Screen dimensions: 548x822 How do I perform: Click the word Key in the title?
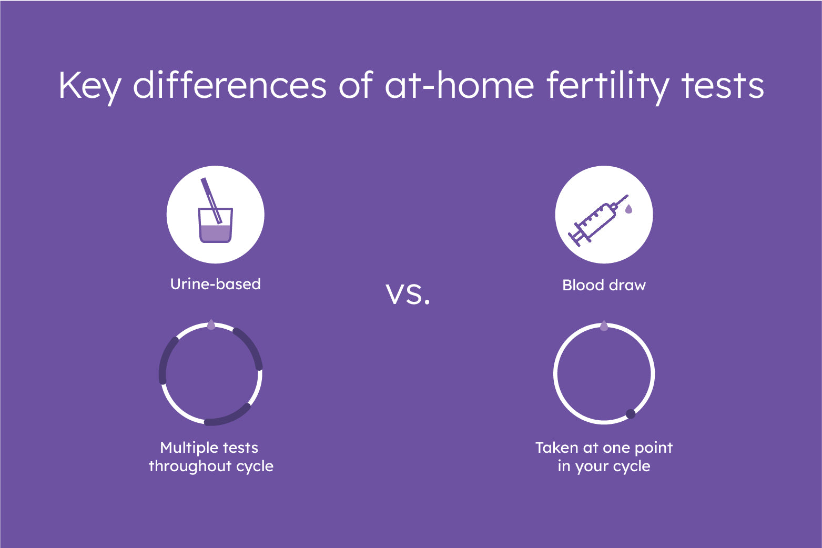point(90,86)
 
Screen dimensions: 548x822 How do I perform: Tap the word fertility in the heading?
point(608,86)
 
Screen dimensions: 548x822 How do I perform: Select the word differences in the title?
point(229,85)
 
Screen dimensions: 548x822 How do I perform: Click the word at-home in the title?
point(460,85)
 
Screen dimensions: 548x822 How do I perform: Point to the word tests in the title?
point(723,86)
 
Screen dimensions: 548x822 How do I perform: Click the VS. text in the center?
point(408,295)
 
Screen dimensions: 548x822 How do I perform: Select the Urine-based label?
point(216,284)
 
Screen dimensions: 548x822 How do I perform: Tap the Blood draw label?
point(604,285)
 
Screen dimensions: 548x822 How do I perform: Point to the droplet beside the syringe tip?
point(628,209)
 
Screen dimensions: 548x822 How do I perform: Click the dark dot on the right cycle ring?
point(631,414)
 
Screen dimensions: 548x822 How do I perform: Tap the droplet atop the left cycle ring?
point(211,324)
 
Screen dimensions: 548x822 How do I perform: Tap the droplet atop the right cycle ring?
point(604,326)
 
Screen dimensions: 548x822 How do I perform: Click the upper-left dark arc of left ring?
point(166,358)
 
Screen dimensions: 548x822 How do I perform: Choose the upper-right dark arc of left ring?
point(250,347)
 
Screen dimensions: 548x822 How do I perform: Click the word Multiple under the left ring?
point(182,448)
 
